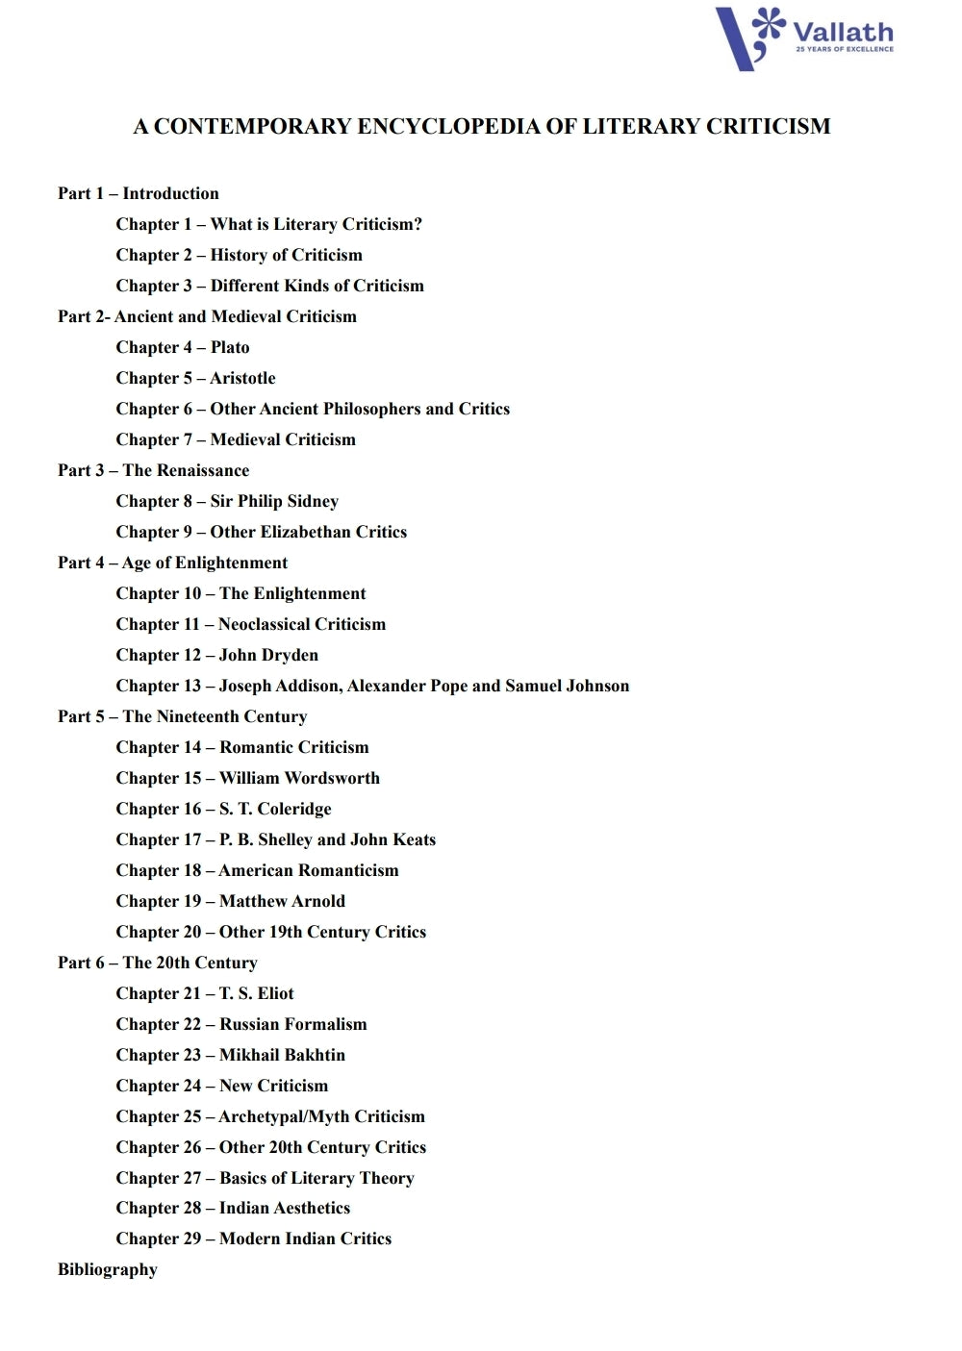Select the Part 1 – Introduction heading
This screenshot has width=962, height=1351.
(139, 193)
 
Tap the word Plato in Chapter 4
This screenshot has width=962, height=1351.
(230, 347)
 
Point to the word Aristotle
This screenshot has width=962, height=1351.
(243, 378)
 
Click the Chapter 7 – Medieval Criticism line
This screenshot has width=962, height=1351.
(236, 439)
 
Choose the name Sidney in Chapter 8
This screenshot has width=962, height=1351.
(313, 501)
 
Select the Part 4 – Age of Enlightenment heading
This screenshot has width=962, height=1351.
(172, 563)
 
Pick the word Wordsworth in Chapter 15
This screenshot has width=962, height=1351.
(331, 778)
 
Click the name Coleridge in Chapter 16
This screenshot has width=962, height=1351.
(294, 809)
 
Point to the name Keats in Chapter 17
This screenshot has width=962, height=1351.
(414, 839)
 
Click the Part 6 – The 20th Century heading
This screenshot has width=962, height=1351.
(158, 963)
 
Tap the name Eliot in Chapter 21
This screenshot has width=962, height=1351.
(275, 993)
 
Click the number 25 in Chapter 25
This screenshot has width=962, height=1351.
(192, 1116)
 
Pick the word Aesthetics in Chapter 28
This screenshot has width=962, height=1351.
(312, 1208)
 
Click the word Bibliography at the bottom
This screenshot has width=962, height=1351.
(108, 1269)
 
